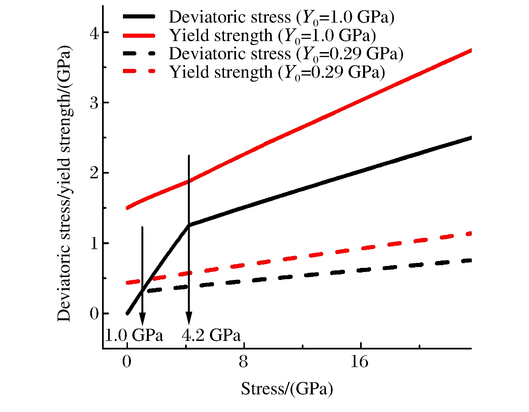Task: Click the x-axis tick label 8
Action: (243, 362)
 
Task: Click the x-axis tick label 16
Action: (359, 362)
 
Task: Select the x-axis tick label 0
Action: (127, 362)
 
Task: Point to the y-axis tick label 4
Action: (94, 34)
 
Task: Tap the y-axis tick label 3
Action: (94, 103)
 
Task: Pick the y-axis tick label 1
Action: (94, 244)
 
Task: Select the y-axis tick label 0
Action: (94, 314)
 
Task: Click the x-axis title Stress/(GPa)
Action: (287, 389)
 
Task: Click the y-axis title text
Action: (64, 183)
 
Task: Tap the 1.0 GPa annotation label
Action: (134, 335)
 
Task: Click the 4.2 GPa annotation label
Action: (211, 335)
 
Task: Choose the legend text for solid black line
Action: (281, 17)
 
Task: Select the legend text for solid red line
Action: (272, 36)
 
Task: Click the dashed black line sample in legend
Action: (139, 53)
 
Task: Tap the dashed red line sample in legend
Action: (139, 72)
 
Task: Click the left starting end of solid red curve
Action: (127, 208)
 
